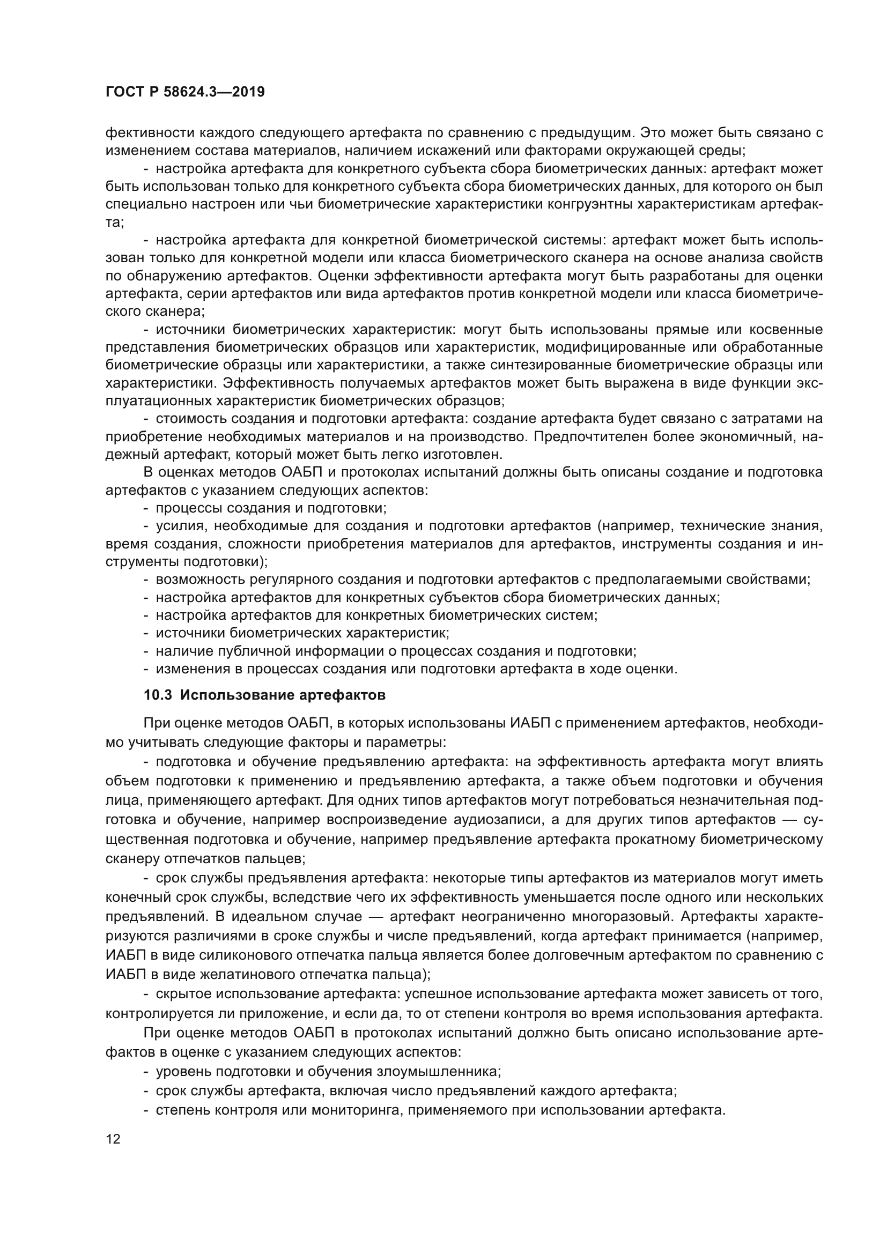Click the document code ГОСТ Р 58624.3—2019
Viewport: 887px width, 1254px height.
point(185,92)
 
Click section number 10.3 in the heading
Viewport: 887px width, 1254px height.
point(158,695)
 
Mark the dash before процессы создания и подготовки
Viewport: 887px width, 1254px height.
point(146,508)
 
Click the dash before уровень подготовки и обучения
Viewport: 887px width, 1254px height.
point(146,1071)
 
